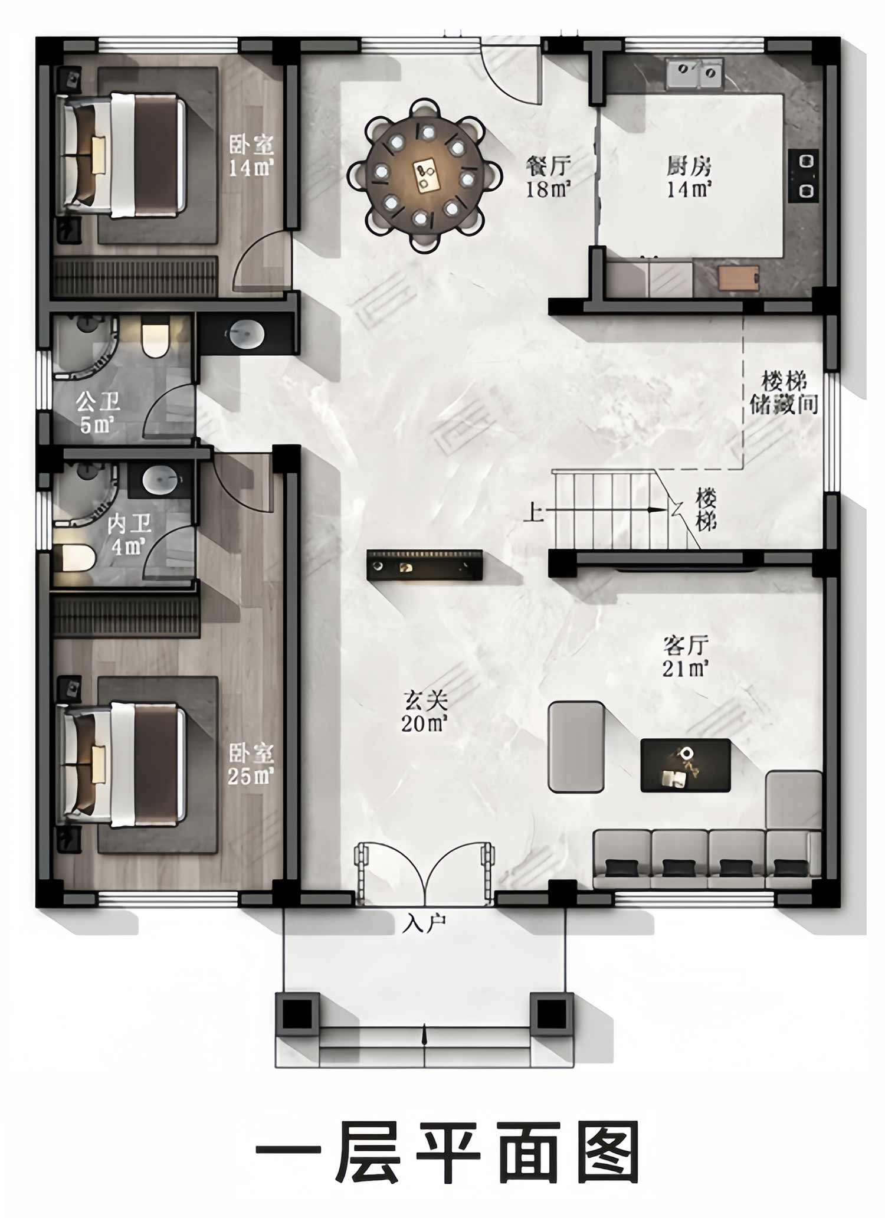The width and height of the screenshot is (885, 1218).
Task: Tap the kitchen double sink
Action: pos(694,73)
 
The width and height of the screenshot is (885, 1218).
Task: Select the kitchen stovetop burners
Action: pos(804,175)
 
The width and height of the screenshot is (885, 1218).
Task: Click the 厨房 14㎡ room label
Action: pos(689,176)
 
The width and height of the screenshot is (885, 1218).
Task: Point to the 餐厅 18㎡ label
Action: pos(548,176)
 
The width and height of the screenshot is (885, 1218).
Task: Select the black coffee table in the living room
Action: pos(686,765)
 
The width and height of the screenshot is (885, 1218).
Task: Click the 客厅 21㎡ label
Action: pos(685,656)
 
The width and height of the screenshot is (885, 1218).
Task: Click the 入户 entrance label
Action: pos(424,923)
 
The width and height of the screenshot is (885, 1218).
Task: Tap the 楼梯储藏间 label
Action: pos(784,392)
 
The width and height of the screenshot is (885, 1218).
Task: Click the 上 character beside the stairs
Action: pos(533,512)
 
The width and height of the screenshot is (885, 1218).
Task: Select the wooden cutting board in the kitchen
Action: pos(739,278)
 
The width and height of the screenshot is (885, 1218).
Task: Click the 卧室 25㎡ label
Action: pos(251,764)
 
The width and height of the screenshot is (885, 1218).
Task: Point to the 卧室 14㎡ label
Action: pos(251,156)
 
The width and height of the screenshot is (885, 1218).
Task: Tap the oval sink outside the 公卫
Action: pos(245,334)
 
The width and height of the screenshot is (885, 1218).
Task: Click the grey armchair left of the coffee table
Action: pos(576,746)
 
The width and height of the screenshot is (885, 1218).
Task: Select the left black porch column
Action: pos(297,1013)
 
